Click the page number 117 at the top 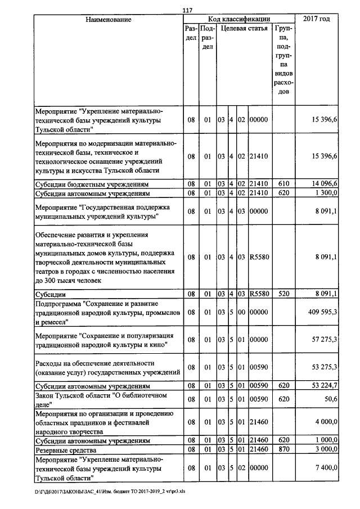click(x=187, y=9)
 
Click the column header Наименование click(x=109, y=20)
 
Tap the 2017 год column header click(x=316, y=20)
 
